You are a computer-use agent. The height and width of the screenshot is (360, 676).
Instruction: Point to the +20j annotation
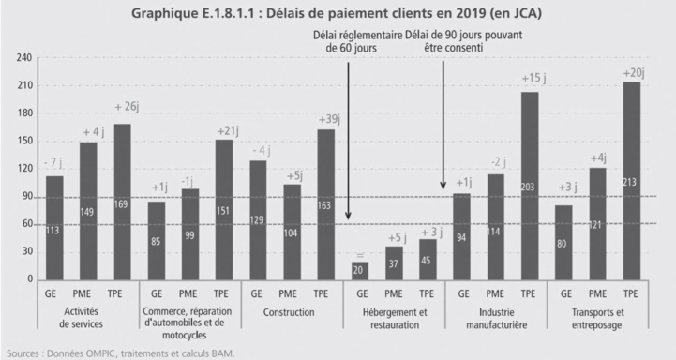coord(634,72)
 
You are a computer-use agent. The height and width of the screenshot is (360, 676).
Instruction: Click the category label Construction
coord(290,312)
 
